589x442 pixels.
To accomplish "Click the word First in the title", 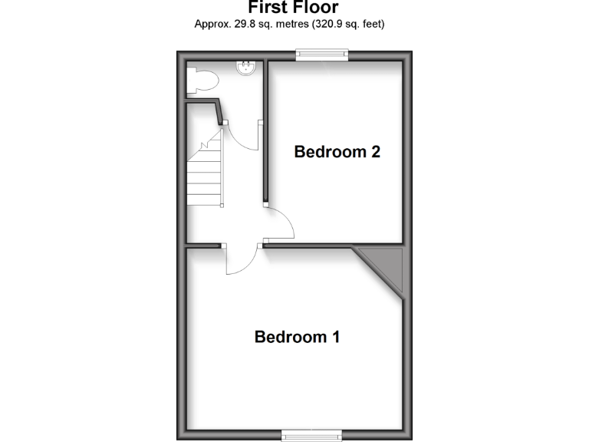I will (268, 7).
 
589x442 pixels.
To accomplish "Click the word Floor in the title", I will (317, 7).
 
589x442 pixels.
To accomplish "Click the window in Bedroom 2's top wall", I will (323, 53).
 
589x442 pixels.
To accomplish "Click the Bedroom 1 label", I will (297, 337).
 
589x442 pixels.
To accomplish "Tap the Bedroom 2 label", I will (337, 152).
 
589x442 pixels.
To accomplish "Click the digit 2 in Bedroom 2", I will (376, 152).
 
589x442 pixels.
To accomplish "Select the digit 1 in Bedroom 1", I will (335, 337).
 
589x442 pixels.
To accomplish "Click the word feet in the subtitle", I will (369, 24).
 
